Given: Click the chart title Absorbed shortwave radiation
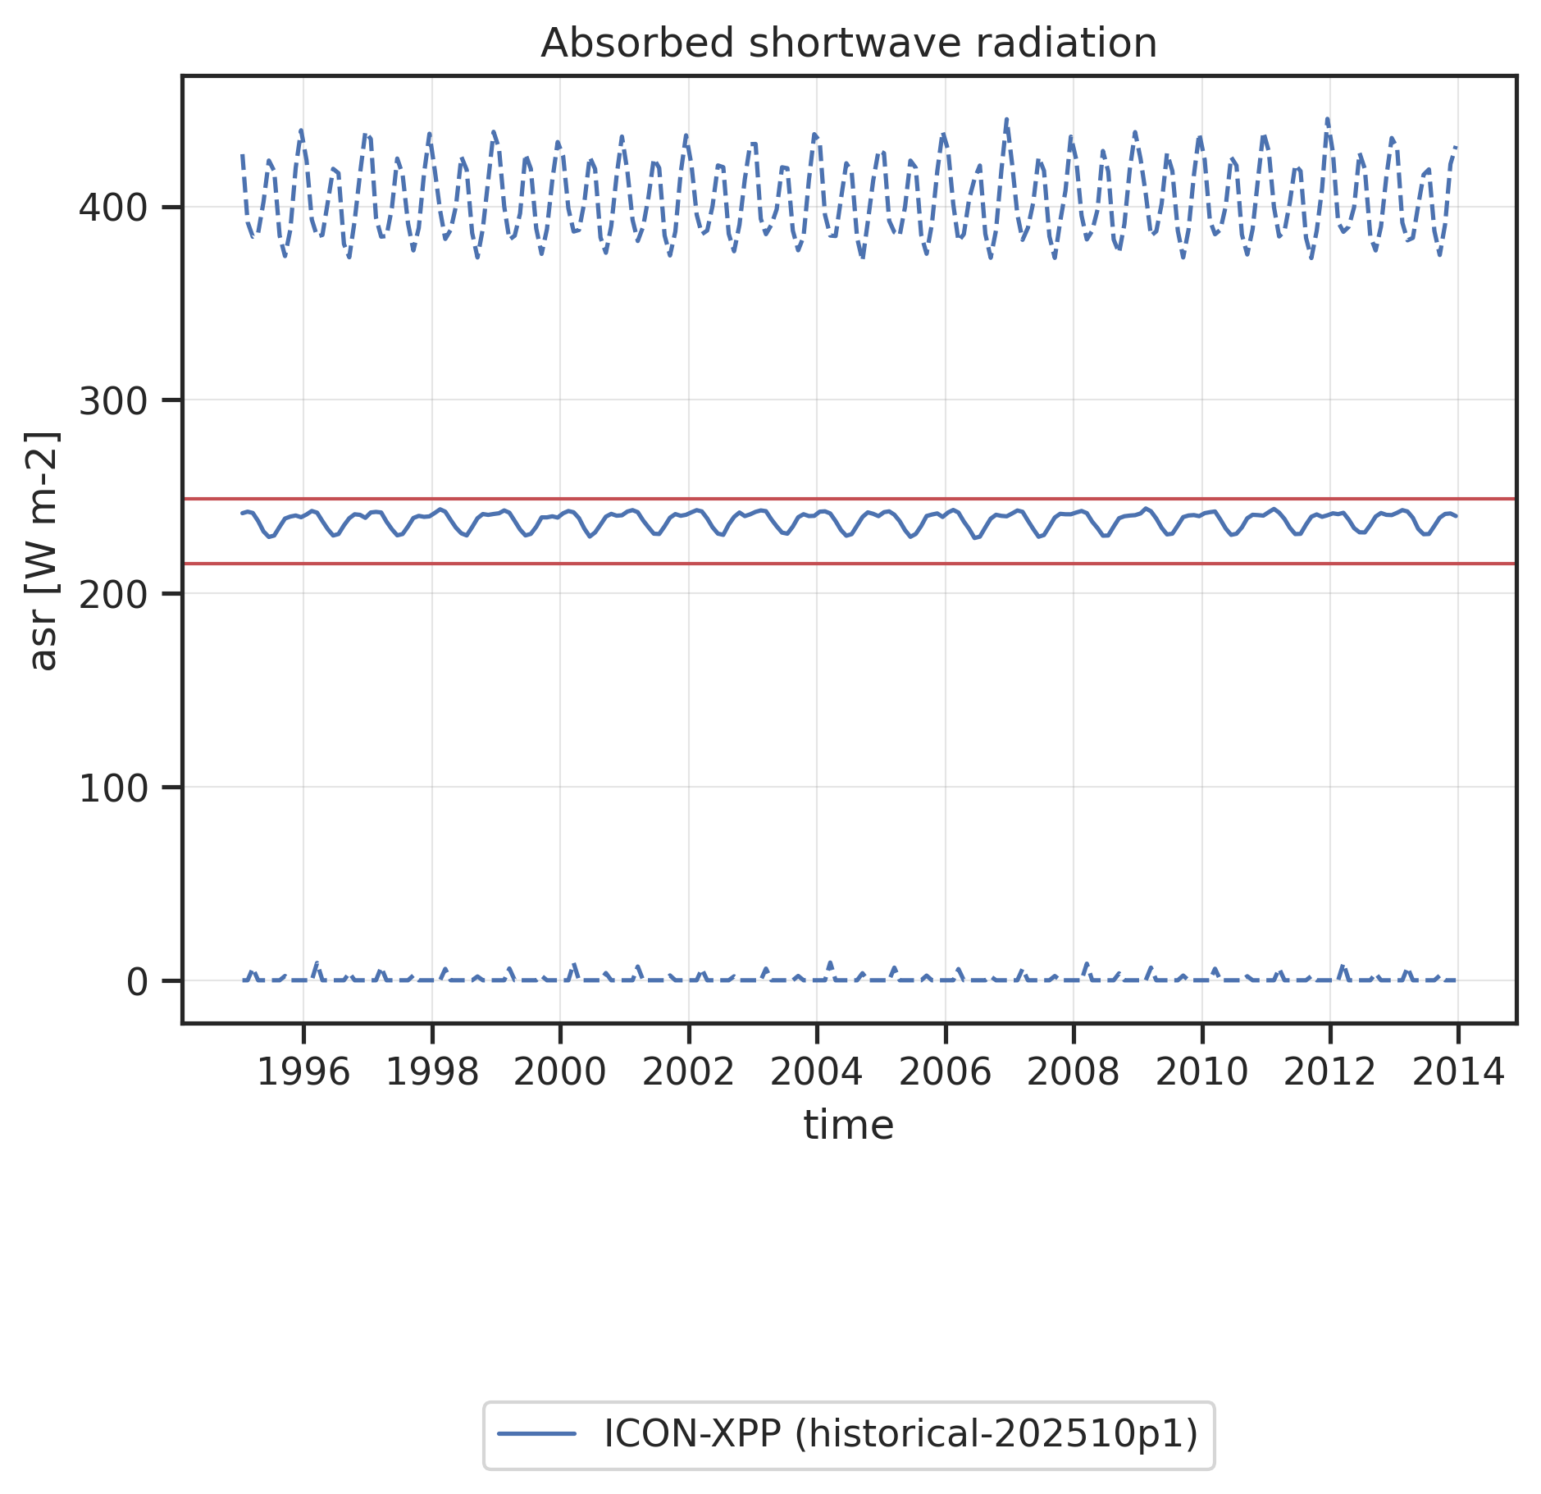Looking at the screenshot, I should coord(849,43).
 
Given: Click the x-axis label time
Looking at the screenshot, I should coord(848,1125).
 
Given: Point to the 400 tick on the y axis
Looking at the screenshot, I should coord(112,208).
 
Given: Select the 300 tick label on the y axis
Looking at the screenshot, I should coord(112,401).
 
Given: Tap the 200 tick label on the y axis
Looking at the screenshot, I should coord(112,594).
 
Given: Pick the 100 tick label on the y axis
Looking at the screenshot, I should coord(112,788).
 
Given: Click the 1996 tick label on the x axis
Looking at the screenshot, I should coord(303,1072).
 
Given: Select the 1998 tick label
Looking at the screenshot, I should coord(432,1072).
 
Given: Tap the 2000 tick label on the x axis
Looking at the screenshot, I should coord(560,1072).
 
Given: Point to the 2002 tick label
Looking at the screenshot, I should coord(688,1072).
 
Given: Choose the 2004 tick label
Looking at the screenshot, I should coord(817,1072).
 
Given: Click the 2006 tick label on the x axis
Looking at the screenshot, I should coord(945,1072).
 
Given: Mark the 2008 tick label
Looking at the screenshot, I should coord(1073,1072).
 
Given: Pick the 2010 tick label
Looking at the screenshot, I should coord(1201,1072).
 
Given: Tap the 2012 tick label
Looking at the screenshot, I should coord(1329,1072).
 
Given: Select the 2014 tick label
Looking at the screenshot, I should coord(1457,1072).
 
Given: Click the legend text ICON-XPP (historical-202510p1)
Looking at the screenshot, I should coord(900,1433).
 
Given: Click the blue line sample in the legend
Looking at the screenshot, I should coord(537,1434).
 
